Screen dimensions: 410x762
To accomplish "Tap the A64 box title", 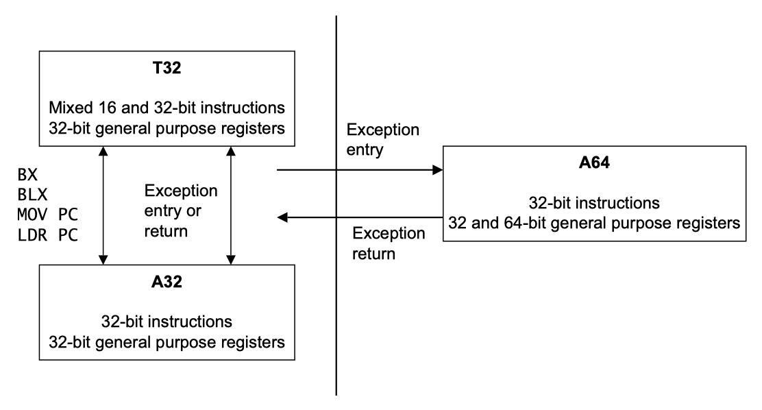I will tap(594, 165).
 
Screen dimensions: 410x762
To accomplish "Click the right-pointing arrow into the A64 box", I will tap(356, 169).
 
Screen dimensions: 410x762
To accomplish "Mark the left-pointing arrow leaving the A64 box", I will tap(356, 217).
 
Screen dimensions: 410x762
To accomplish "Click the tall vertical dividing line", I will tap(336, 309).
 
